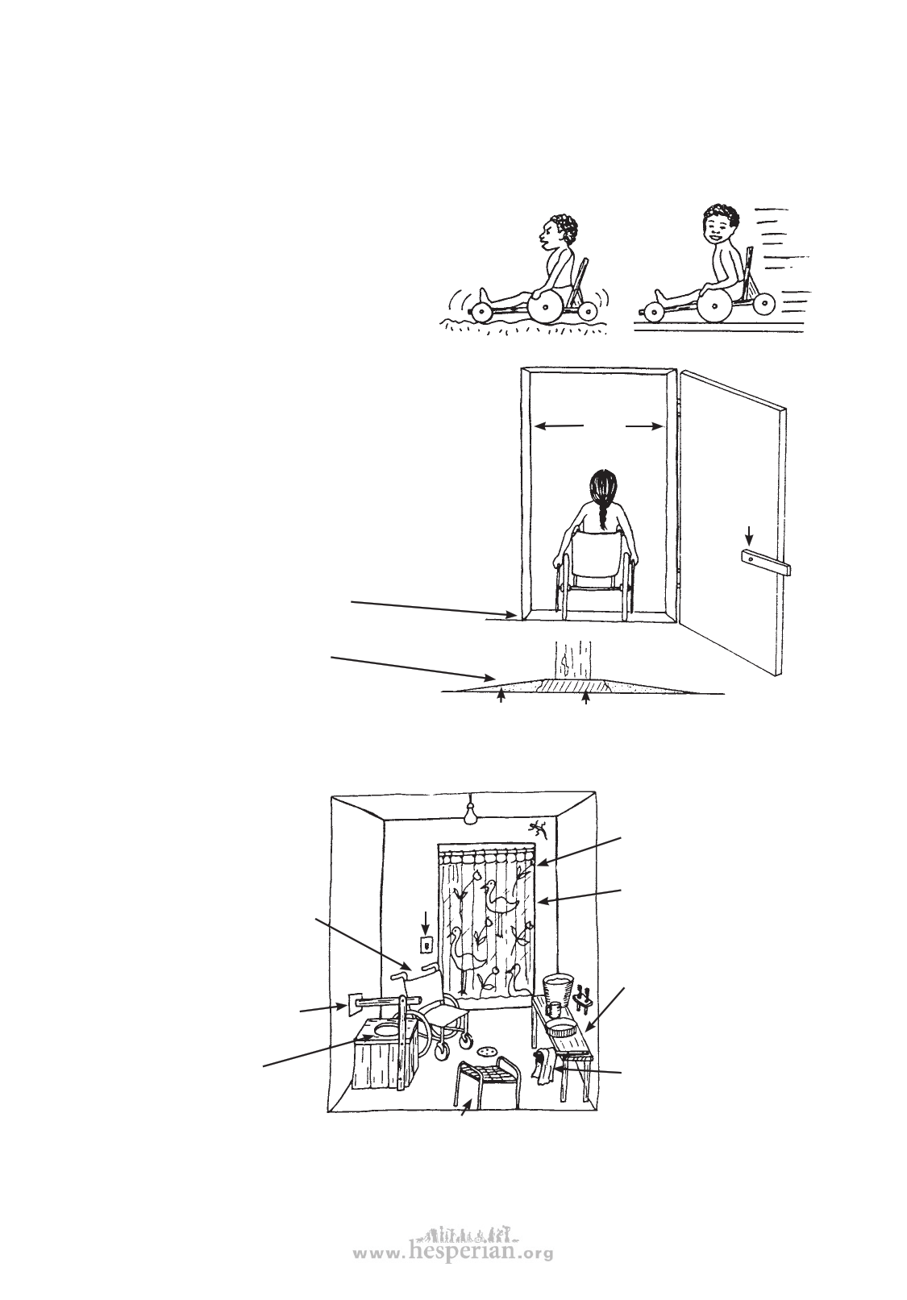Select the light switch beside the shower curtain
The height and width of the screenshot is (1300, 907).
tap(426, 945)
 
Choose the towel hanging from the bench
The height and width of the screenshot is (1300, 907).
tap(543, 1068)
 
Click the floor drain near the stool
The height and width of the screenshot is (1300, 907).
tap(487, 1050)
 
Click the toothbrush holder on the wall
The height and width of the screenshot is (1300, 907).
tap(585, 997)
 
